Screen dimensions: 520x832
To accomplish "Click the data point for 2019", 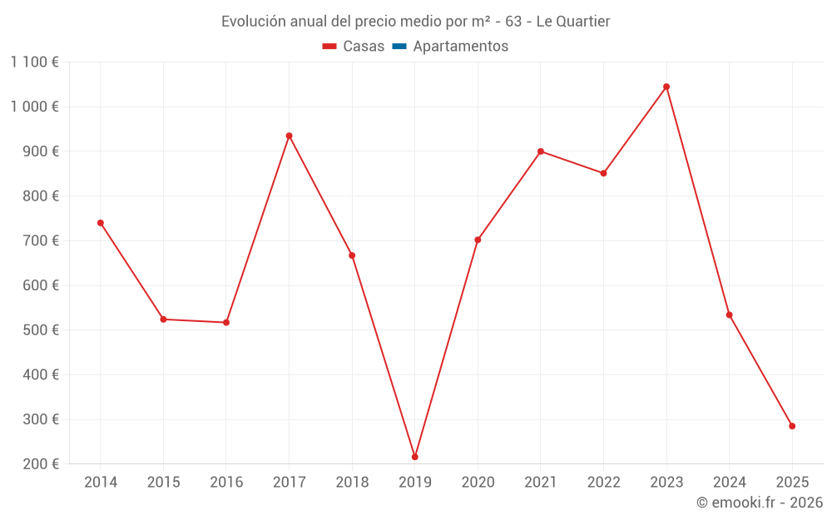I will point(414,457).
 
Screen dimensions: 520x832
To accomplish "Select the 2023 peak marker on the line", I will point(666,87).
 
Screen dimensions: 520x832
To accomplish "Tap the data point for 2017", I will point(289,136).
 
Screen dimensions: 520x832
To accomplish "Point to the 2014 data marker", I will point(101,223).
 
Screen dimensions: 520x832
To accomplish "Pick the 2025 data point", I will point(792,426).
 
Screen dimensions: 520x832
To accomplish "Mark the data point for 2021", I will point(541,151).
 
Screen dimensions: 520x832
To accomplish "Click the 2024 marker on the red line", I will point(729,315).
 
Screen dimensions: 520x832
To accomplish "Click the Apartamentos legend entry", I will point(460,47).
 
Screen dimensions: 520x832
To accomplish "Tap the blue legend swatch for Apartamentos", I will point(399,47).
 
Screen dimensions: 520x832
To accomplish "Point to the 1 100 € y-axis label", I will point(34,62).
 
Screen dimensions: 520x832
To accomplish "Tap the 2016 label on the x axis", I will point(226,483).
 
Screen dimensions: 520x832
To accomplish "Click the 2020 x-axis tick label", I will point(478,483).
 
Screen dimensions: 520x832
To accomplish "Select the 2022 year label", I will point(603,483).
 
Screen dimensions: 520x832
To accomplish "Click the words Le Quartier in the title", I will point(573,22).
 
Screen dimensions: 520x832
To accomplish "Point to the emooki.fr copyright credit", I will point(760,503).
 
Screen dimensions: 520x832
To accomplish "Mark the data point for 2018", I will point(352,255).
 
